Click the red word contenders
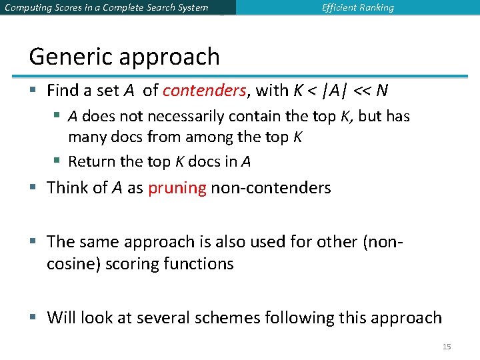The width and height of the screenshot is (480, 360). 205,90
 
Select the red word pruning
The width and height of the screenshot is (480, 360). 177,188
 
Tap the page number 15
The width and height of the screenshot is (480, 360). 447,347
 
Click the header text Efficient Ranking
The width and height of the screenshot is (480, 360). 357,8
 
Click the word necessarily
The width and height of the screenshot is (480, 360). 186,117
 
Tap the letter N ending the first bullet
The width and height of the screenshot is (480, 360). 383,90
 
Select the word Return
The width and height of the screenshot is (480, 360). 91,161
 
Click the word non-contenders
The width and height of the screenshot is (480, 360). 271,188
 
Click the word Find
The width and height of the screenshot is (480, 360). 63,90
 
